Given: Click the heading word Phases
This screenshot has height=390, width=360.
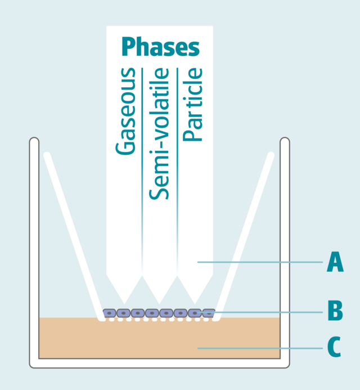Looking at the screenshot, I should (160, 47).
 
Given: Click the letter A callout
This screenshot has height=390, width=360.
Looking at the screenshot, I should (335, 262).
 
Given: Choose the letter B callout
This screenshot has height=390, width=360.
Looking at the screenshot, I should (335, 310).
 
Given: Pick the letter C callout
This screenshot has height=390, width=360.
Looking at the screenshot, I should (334, 347).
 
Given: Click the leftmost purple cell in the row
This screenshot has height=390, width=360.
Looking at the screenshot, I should (109, 312).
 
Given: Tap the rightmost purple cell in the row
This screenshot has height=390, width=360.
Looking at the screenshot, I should (209, 312).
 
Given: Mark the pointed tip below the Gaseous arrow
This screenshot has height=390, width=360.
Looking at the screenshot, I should (124, 303).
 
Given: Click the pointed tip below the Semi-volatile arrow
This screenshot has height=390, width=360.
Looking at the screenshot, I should (160, 303).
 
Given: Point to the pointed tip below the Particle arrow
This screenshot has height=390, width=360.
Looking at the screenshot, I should (195, 303).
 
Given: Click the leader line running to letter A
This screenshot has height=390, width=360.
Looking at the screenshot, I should (259, 262).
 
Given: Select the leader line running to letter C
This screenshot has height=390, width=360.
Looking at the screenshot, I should (259, 348).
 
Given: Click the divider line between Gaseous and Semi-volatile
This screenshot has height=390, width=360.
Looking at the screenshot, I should (142, 169).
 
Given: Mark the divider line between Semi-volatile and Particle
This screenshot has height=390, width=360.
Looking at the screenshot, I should (177, 169).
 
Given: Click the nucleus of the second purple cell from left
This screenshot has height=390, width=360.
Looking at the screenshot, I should (124, 312).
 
